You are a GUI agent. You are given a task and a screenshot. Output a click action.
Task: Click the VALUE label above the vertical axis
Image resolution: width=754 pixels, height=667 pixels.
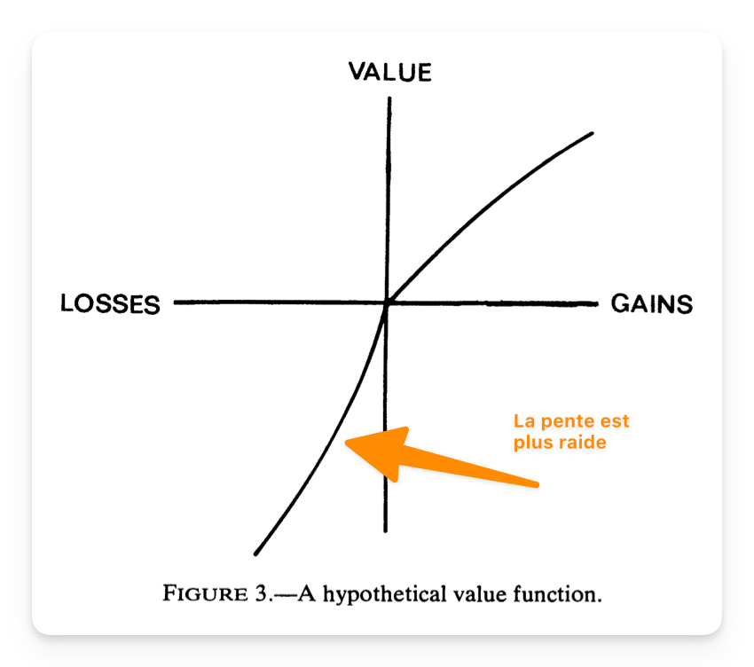coord(389,72)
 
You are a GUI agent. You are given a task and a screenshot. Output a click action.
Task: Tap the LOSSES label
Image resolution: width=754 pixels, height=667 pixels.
coord(110,304)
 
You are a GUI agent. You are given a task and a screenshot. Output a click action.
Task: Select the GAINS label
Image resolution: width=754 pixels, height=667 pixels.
coord(652,304)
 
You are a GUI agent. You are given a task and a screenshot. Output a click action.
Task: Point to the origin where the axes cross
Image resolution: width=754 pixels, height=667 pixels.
coord(387,303)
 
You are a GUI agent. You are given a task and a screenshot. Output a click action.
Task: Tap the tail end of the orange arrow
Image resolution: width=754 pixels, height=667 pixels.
coord(537,484)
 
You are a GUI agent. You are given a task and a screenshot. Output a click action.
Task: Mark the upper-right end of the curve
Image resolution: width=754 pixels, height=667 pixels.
coord(591,134)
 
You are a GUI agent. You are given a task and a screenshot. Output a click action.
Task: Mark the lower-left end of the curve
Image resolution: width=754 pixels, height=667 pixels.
coord(255,553)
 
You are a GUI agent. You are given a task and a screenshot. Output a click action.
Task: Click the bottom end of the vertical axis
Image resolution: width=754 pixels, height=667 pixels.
coord(386,530)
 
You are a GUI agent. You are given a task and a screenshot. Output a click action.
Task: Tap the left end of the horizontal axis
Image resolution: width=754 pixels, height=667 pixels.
coord(176,302)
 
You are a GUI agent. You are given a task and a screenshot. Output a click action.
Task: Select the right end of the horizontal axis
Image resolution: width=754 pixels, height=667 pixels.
coord(597,304)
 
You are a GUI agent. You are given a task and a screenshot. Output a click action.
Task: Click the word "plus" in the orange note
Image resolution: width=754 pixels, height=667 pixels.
coord(530,442)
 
